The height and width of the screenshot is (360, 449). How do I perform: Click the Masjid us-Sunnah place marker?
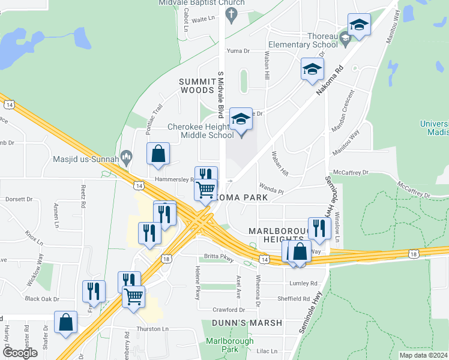[x=126, y=158]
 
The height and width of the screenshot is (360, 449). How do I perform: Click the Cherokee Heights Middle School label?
[x=199, y=131]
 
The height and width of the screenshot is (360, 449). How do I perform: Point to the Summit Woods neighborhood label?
[x=197, y=85]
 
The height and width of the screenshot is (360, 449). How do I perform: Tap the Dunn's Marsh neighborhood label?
[x=247, y=323]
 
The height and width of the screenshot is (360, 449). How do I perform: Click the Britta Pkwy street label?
[x=218, y=256]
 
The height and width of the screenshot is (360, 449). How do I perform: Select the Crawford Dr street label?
[x=229, y=310]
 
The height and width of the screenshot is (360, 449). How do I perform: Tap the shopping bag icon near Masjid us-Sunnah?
[x=158, y=154]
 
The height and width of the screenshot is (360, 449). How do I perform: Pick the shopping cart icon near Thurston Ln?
[x=133, y=295]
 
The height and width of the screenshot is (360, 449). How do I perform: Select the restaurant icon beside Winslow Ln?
[x=319, y=227]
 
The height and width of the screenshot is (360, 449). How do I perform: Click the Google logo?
[x=20, y=353]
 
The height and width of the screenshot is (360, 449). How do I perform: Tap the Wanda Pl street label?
[x=271, y=190]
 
